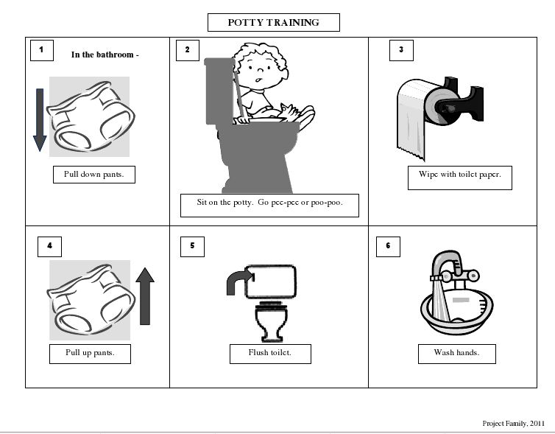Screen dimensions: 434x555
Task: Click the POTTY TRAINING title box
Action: (x=273, y=23)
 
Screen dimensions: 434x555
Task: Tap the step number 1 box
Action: (x=42, y=50)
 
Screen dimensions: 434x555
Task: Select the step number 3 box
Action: (x=400, y=50)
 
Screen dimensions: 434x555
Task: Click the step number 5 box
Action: (x=192, y=246)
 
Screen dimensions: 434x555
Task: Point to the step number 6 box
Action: (x=387, y=246)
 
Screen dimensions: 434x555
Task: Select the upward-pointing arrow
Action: (x=145, y=295)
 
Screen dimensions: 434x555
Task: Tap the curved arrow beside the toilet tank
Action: (x=238, y=281)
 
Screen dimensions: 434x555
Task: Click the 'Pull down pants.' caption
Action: (x=93, y=175)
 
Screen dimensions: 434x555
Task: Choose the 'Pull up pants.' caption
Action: (x=90, y=353)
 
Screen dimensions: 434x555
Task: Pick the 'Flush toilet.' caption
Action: (x=269, y=353)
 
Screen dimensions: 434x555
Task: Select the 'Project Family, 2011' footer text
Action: (x=513, y=423)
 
